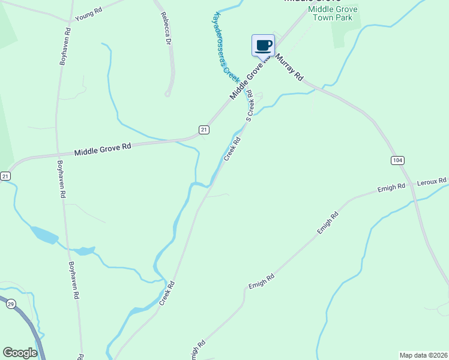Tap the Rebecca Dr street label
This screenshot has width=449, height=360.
point(166,29)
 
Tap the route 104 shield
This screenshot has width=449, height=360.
point(397,160)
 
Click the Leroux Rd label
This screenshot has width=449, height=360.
point(433,181)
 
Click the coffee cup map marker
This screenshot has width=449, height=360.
point(263,44)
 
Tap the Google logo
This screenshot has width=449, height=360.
point(20,353)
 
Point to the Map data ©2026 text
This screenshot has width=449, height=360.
point(423,355)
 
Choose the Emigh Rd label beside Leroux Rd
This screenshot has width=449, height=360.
point(391,188)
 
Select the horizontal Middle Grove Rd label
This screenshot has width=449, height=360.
point(103,149)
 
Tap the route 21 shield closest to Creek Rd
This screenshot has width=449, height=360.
point(204,130)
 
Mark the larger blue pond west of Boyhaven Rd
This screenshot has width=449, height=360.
point(44,235)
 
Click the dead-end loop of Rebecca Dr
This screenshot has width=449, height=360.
point(168,94)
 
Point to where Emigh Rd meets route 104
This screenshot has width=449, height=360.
point(411,184)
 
